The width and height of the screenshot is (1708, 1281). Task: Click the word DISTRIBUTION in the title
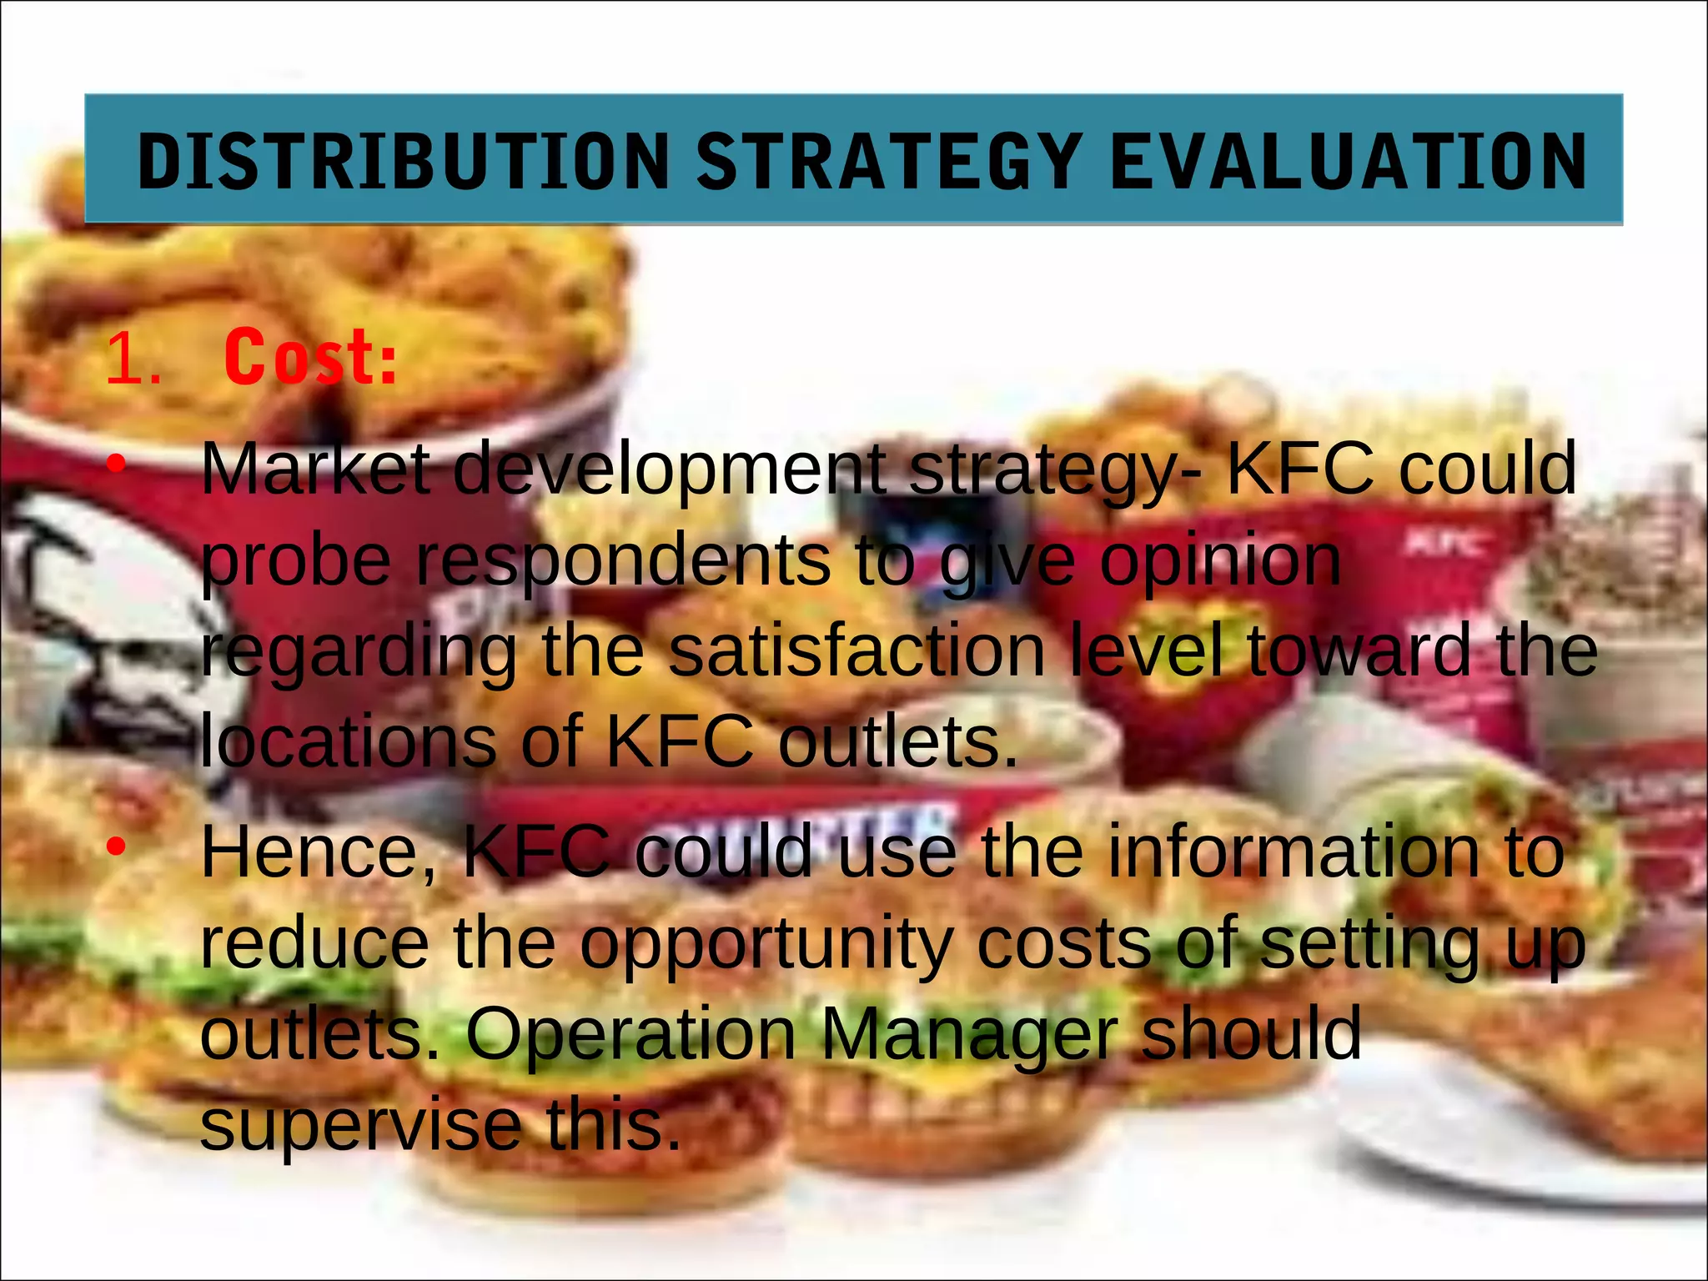click(404, 161)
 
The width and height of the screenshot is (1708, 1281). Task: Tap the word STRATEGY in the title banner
click(889, 161)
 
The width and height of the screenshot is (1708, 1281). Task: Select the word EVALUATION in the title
click(1348, 161)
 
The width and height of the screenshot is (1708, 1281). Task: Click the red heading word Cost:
click(310, 359)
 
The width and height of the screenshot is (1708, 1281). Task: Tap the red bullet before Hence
click(117, 846)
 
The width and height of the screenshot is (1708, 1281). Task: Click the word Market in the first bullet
click(315, 469)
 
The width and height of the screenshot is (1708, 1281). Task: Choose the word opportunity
click(766, 947)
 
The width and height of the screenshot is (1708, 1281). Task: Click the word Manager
click(968, 1034)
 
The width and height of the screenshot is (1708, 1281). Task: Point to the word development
click(670, 469)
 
